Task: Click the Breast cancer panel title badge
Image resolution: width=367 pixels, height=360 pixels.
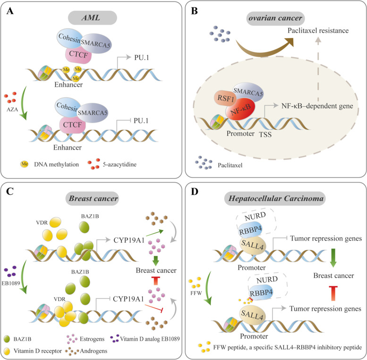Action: tap(91, 199)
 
